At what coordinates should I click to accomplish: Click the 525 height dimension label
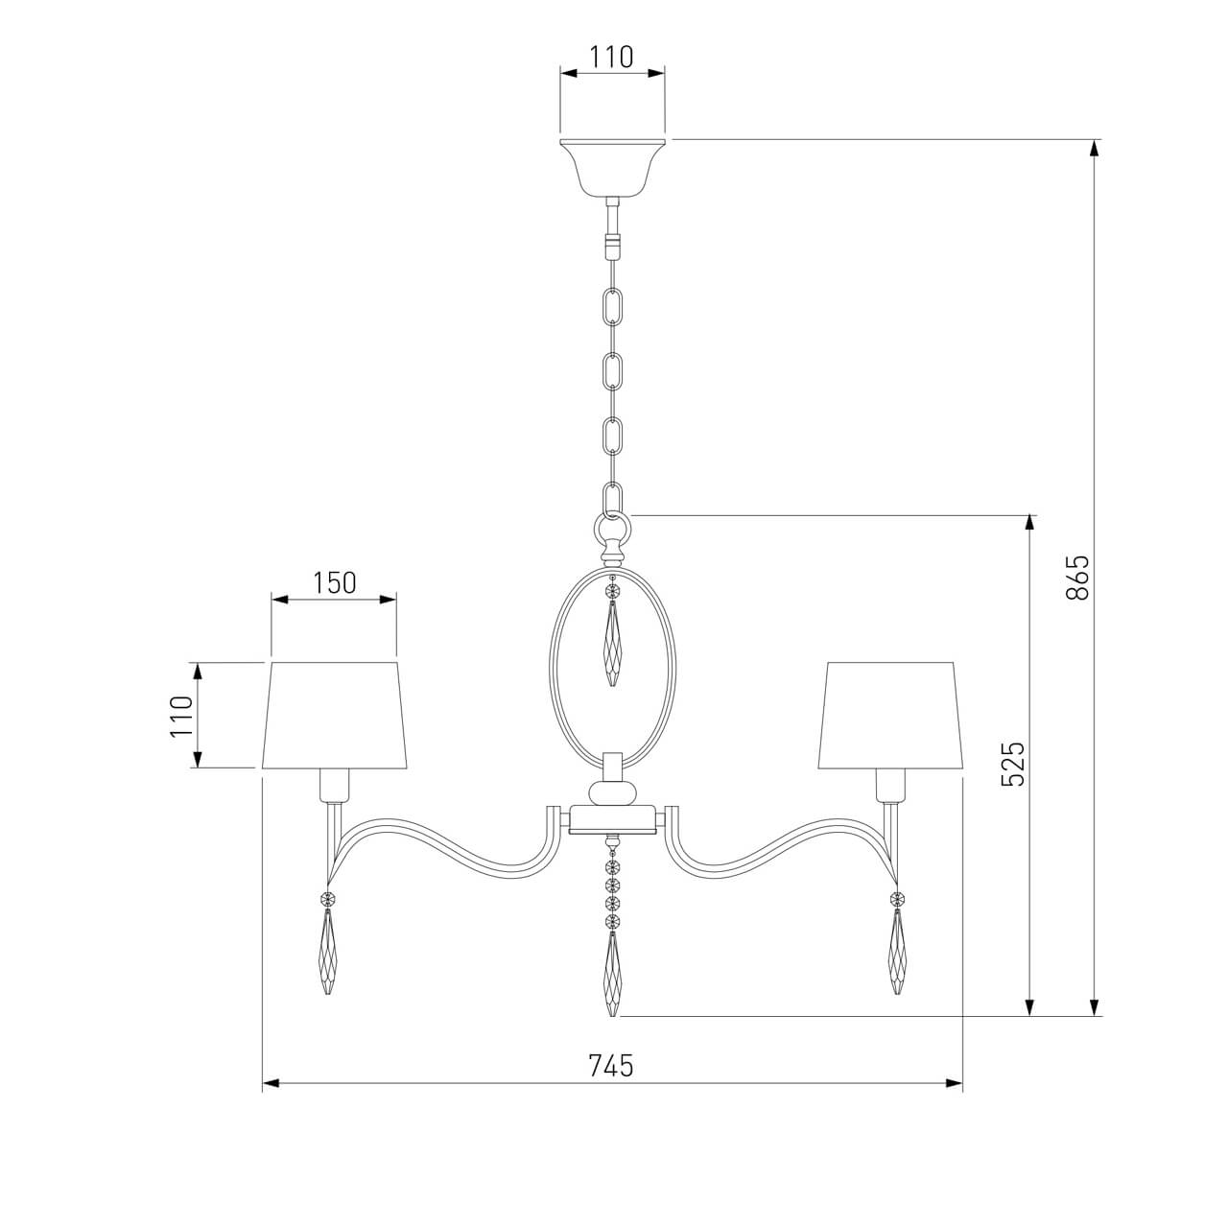1013,764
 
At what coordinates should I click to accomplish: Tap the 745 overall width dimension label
611,1065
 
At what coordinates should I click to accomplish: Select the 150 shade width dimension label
334,582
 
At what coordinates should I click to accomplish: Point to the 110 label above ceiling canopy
611,58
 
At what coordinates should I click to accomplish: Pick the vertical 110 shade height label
182,716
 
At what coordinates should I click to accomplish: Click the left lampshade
334,715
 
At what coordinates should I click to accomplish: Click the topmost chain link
612,306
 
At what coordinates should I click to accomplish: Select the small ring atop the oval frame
612,527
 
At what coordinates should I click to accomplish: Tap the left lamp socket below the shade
334,786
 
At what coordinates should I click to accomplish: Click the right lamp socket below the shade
890,786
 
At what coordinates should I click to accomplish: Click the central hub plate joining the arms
612,819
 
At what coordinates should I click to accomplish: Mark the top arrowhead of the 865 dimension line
1094,148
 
